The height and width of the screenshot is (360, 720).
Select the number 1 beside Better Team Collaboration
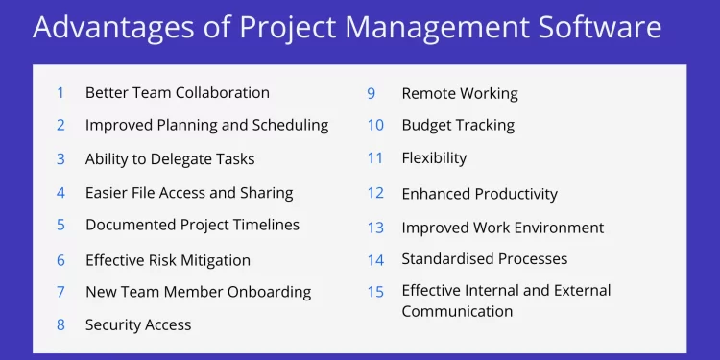[60, 93]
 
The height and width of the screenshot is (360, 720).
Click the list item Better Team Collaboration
[177, 93]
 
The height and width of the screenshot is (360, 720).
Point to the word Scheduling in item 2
[289, 125]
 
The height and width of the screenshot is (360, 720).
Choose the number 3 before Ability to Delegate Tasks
[60, 159]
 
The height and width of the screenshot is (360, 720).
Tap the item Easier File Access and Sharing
[189, 192]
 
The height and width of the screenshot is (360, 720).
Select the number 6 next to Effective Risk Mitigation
[60, 260]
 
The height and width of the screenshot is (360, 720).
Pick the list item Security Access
[138, 324]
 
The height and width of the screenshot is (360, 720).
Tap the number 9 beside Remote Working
[371, 93]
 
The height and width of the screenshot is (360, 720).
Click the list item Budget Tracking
[458, 125]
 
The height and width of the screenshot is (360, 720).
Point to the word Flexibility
[434, 158]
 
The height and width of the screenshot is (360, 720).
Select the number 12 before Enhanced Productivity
[374, 194]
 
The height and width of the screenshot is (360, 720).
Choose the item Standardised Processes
[484, 259]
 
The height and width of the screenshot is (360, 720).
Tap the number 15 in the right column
[374, 291]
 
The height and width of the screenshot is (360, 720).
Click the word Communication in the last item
[457, 311]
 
